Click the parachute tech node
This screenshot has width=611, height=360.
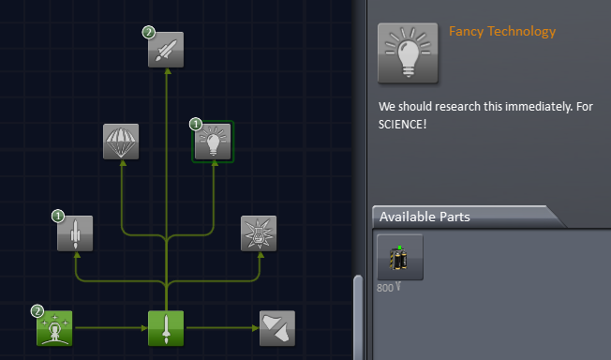[x=121, y=142]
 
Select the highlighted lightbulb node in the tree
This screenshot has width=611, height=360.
[x=214, y=142]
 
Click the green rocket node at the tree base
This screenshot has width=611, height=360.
[x=166, y=328]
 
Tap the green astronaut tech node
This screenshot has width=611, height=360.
[x=54, y=328]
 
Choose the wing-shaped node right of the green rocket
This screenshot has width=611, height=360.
[x=277, y=328]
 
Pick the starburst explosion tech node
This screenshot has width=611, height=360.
[x=259, y=233]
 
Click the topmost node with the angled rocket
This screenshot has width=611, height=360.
[x=166, y=49]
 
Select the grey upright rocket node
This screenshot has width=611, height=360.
[x=75, y=233]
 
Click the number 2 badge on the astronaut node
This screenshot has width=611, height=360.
[x=37, y=310]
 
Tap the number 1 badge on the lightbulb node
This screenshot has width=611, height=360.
[x=196, y=124]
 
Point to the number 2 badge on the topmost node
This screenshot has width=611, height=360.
[x=149, y=32]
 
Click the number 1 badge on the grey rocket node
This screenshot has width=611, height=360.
[x=58, y=216]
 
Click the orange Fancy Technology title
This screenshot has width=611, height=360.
[x=502, y=32]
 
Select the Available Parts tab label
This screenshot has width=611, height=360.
[x=425, y=217]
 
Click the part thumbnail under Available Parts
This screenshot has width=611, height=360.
[x=400, y=257]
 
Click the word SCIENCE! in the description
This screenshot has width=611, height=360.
[x=403, y=124]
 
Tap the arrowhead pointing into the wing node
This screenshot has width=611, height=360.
[x=253, y=328]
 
